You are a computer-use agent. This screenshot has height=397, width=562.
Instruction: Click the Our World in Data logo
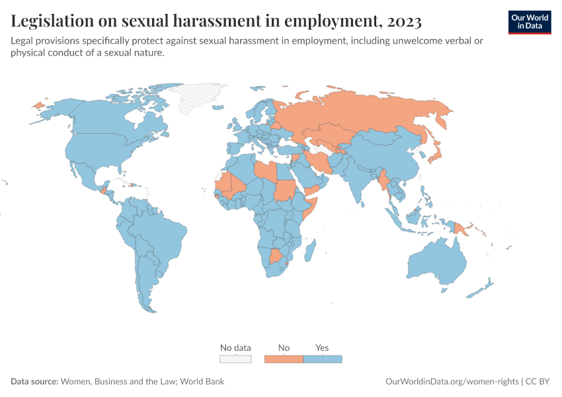529,22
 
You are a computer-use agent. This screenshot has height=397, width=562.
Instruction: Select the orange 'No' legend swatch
284,359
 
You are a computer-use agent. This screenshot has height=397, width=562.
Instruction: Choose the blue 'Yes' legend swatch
322,359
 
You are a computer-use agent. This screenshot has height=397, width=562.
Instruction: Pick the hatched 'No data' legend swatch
235,359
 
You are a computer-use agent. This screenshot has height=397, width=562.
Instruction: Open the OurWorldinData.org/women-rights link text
452,381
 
